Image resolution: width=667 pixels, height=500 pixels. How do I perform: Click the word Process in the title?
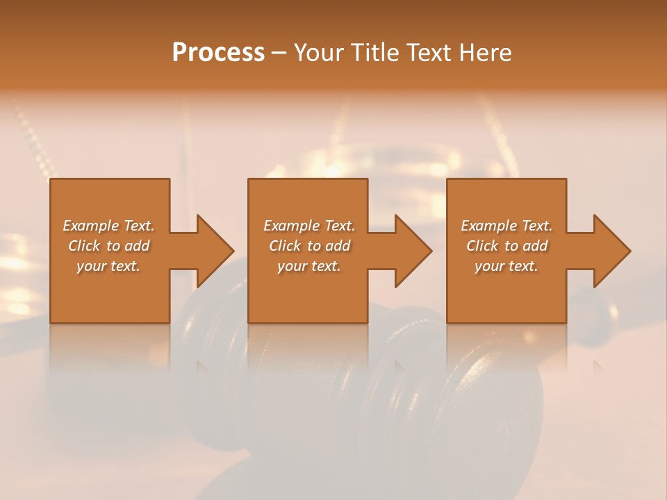coord(218,53)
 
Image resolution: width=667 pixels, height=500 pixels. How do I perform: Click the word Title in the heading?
coord(373,53)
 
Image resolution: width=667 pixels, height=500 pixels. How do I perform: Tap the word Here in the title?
coord(485,53)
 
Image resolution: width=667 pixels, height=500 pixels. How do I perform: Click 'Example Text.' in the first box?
coord(108,226)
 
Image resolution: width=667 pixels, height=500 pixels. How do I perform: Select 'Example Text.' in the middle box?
coord(308,226)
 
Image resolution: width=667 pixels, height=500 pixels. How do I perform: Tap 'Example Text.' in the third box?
coord(507,226)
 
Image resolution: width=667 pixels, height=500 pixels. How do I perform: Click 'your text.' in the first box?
coord(108,266)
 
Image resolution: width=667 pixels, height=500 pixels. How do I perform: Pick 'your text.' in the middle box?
coord(308,266)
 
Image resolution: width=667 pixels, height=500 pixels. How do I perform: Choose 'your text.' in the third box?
coord(507,266)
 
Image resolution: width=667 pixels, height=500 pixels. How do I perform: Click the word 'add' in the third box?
coord(535,246)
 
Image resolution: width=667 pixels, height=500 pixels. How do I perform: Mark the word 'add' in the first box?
coord(137,246)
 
